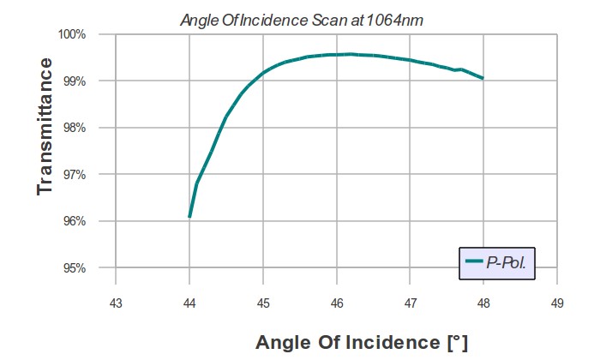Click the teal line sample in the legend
pyautogui.click(x=473, y=261)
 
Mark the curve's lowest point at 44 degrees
pyautogui.click(x=189, y=217)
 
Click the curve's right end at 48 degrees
pyautogui.click(x=483, y=78)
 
